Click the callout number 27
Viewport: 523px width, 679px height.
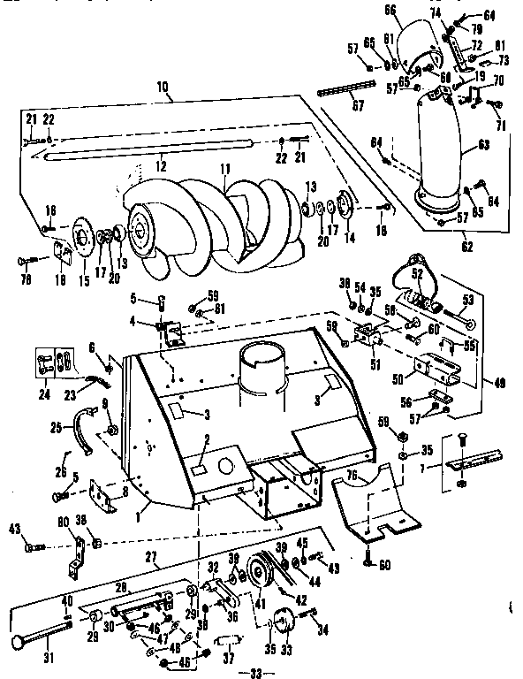pos(151,559)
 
